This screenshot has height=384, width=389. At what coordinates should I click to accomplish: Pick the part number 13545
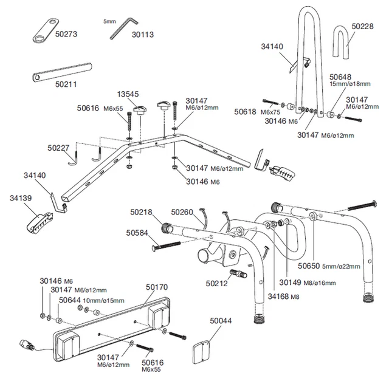pos(128,94)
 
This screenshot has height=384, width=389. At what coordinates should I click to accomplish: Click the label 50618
pos(246,112)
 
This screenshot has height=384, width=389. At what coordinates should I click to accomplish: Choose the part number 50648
pos(340,78)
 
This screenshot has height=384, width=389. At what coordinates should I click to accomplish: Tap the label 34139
pos(21,198)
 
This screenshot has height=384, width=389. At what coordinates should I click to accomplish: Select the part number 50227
pos(59,148)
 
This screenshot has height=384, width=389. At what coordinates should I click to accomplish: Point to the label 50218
pos(142,212)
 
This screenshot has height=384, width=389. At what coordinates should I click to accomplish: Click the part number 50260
pos(182,212)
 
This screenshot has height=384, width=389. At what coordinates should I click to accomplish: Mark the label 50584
pos(137,232)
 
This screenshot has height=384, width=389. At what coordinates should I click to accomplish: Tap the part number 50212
pos(216,283)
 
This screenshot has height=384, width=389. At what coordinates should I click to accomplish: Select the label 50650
pos(309,266)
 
